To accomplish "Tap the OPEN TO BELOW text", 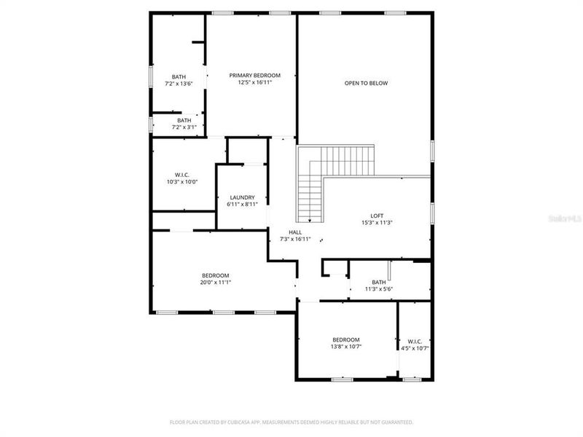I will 367,83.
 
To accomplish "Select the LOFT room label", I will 377,216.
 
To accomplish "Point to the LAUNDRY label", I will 242,197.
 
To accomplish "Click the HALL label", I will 295,232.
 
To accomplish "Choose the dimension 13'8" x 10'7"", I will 346,347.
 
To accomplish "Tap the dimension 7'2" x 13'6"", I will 179,84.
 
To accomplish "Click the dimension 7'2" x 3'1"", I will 184,127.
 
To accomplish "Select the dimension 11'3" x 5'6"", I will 379,289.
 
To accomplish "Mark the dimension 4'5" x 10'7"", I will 415,348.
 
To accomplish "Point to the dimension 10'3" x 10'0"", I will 182,181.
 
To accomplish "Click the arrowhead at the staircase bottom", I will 310,221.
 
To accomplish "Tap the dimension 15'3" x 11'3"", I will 377,223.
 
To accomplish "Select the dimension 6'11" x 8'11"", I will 242,205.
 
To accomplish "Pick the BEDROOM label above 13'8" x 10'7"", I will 346,339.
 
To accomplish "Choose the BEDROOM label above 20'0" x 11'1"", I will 216,275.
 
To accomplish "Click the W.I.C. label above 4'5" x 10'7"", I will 415,341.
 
